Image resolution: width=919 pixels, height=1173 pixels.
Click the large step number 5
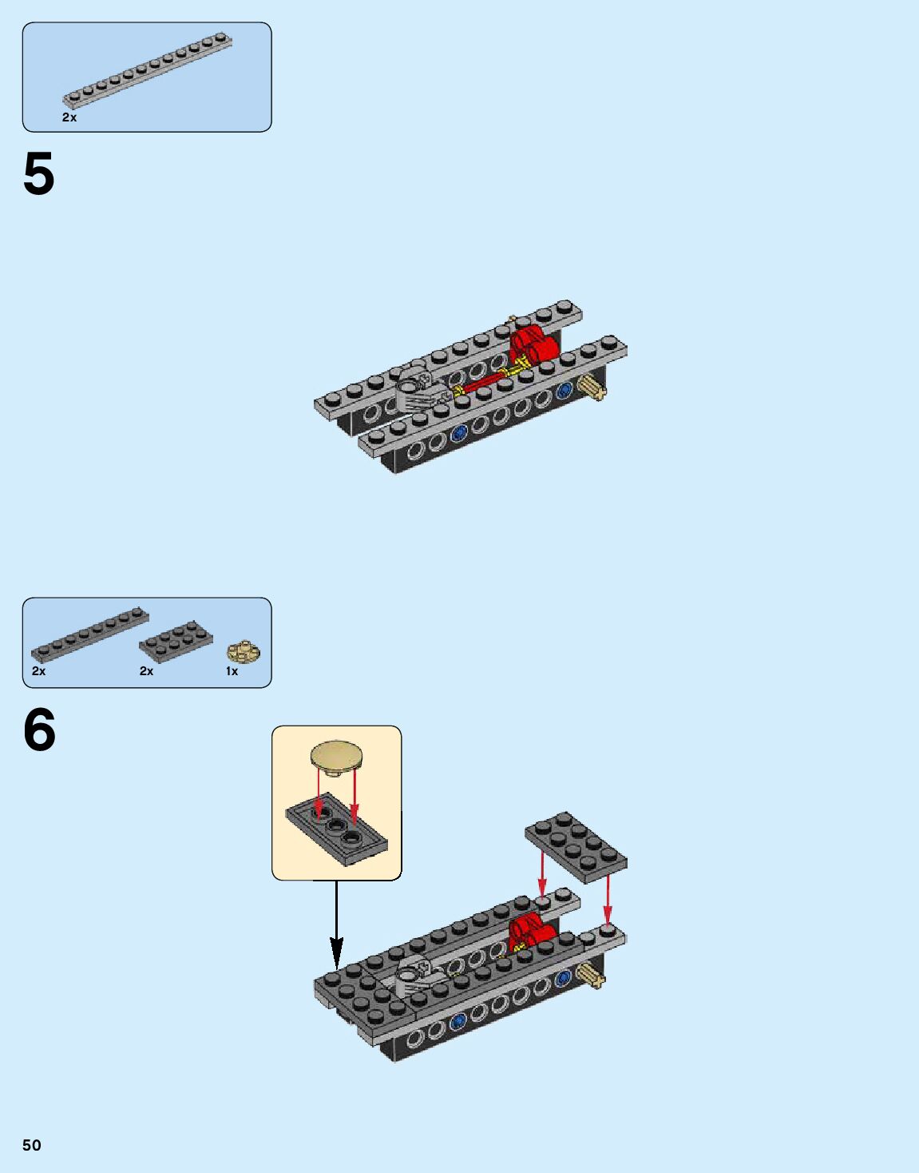tap(38, 174)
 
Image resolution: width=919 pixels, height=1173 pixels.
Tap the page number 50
tap(32, 1145)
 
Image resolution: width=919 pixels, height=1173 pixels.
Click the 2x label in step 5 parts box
tap(69, 117)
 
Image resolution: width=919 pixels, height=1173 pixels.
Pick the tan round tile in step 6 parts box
tap(244, 651)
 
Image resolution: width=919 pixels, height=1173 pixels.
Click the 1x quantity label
tap(232, 671)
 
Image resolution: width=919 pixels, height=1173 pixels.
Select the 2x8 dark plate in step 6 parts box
tap(89, 634)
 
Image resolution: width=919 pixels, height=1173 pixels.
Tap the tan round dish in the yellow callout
tap(336, 757)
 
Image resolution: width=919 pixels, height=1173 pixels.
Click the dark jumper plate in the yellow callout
tap(336, 834)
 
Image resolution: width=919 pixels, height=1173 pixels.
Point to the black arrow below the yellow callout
tap(336, 927)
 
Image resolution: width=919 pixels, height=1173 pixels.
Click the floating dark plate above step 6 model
tap(576, 847)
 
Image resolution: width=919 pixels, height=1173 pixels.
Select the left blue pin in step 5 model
tap(458, 434)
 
